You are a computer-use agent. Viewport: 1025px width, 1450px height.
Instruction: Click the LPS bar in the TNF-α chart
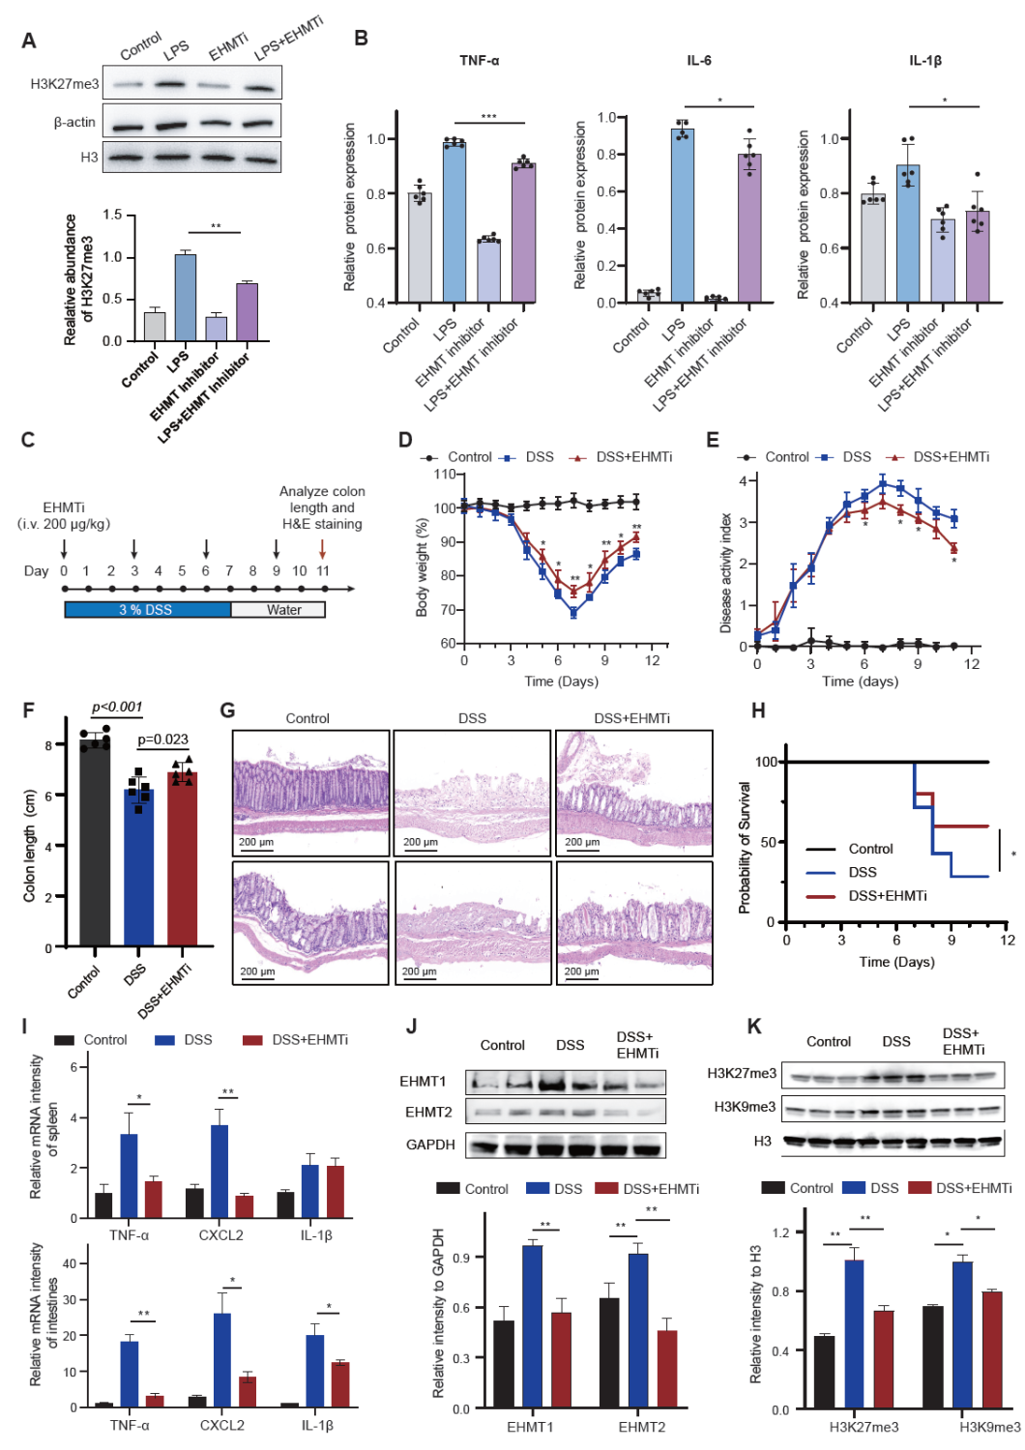[454, 223]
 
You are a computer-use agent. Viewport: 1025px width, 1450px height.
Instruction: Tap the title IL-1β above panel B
[924, 61]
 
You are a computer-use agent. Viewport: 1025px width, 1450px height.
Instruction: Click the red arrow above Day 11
[323, 550]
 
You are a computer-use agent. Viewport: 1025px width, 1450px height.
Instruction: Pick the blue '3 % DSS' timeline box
[147, 610]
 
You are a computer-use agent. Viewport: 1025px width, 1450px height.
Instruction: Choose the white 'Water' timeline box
[278, 610]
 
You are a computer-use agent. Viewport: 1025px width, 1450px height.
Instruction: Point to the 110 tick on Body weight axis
[445, 475]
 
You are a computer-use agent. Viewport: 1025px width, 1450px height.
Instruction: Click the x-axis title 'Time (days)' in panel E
[860, 681]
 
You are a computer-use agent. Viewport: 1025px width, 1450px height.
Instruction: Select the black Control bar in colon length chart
[95, 841]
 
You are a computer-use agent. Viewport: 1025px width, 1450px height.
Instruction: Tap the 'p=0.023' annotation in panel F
[162, 739]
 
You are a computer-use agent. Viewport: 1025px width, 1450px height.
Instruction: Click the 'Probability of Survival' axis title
[745, 848]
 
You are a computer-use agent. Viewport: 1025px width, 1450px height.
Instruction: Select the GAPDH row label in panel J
[430, 1145]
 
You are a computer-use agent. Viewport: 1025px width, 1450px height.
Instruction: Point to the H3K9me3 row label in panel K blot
[745, 1107]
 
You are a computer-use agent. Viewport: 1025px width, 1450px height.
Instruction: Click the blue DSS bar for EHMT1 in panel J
[532, 1327]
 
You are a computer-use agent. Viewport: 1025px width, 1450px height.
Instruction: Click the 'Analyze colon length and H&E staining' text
[322, 507]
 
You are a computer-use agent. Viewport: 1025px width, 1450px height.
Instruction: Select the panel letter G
[227, 710]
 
